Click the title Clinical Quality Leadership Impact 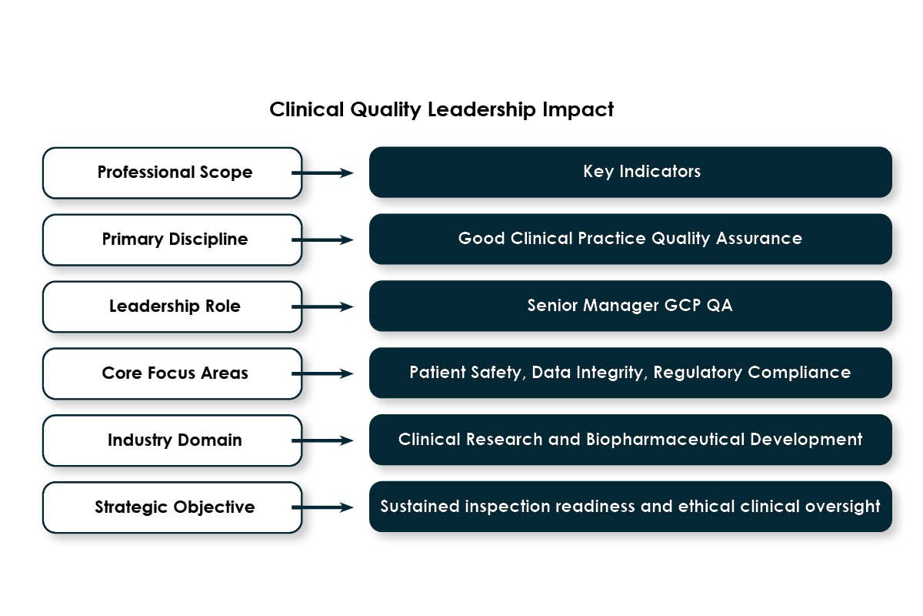[x=442, y=109]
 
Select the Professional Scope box [x=172, y=172]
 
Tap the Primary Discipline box [x=172, y=239]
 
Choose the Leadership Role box [x=172, y=306]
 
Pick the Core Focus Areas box [x=172, y=373]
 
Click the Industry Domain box [x=172, y=440]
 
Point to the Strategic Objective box [x=172, y=507]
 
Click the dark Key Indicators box [x=631, y=172]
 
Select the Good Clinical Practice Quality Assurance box [x=631, y=239]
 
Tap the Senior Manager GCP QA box [x=631, y=306]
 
